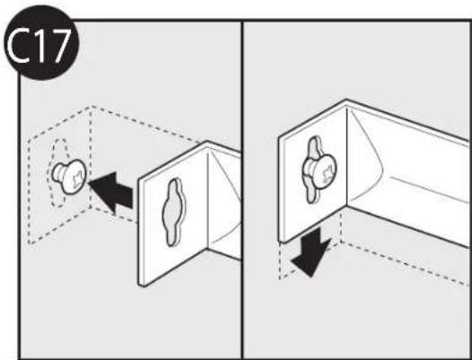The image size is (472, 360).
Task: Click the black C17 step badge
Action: [41, 43]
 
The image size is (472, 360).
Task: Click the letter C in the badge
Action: [19, 46]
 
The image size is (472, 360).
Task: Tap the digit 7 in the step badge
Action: [59, 46]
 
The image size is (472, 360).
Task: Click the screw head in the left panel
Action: [74, 177]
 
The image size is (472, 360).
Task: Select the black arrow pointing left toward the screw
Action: [111, 192]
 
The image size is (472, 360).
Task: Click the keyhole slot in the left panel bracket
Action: [173, 212]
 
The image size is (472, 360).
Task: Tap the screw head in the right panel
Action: [324, 171]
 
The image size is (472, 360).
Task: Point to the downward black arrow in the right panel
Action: [311, 252]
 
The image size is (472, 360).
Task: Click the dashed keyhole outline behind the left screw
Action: [57, 173]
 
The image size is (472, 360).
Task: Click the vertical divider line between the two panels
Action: [242, 189]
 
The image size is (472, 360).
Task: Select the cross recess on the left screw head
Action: [77, 179]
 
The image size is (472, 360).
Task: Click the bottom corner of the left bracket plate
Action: [143, 285]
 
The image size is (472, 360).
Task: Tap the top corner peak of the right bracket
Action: [346, 100]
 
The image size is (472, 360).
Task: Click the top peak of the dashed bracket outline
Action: [92, 106]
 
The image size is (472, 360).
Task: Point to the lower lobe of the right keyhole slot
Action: [311, 193]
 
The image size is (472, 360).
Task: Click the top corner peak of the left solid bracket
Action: [206, 142]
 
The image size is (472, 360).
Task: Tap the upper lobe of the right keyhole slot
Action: [314, 147]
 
